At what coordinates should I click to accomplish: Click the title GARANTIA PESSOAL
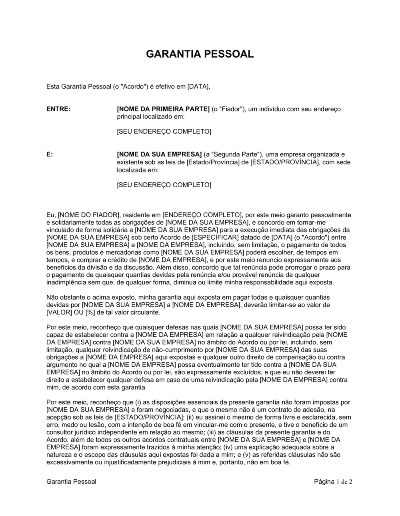tap(200, 54)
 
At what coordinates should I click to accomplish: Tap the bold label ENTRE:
tap(58, 109)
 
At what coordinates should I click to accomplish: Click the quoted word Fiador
tap(231, 109)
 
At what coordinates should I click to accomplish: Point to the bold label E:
tap(50, 154)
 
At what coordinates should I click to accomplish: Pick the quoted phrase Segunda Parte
tap(232, 154)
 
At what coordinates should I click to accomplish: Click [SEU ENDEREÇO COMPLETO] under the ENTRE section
tap(164, 132)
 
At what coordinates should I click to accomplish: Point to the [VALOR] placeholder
tap(60, 312)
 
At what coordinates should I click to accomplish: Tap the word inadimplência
tap(66, 282)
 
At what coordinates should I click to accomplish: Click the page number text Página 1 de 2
tap(333, 482)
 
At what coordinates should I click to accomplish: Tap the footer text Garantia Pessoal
tap(71, 482)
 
